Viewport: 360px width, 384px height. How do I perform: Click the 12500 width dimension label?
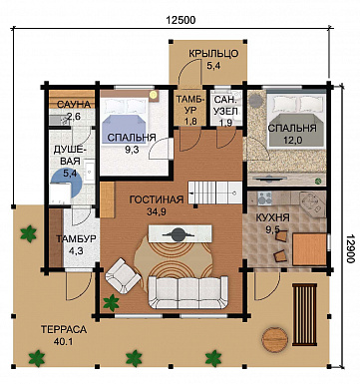[180, 20]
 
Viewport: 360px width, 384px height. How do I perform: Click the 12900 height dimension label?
[350, 247]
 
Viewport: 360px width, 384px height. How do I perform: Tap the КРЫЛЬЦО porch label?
[213, 54]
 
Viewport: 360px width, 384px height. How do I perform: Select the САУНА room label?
[74, 105]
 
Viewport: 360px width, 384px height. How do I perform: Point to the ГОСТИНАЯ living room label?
[157, 199]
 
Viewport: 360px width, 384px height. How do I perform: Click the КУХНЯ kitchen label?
[272, 217]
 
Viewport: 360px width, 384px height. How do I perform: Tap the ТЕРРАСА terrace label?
[64, 329]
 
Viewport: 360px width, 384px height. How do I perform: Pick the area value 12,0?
[292, 141]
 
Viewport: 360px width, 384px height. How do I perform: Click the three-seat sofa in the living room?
[187, 292]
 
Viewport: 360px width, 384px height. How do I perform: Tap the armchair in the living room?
[123, 274]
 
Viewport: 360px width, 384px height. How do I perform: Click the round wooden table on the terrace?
[274, 339]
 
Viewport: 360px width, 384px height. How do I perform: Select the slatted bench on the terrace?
[304, 314]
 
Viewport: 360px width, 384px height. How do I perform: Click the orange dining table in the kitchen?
[309, 249]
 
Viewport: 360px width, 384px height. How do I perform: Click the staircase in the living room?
[214, 192]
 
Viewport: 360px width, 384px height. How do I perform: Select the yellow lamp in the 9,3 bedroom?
[153, 95]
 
